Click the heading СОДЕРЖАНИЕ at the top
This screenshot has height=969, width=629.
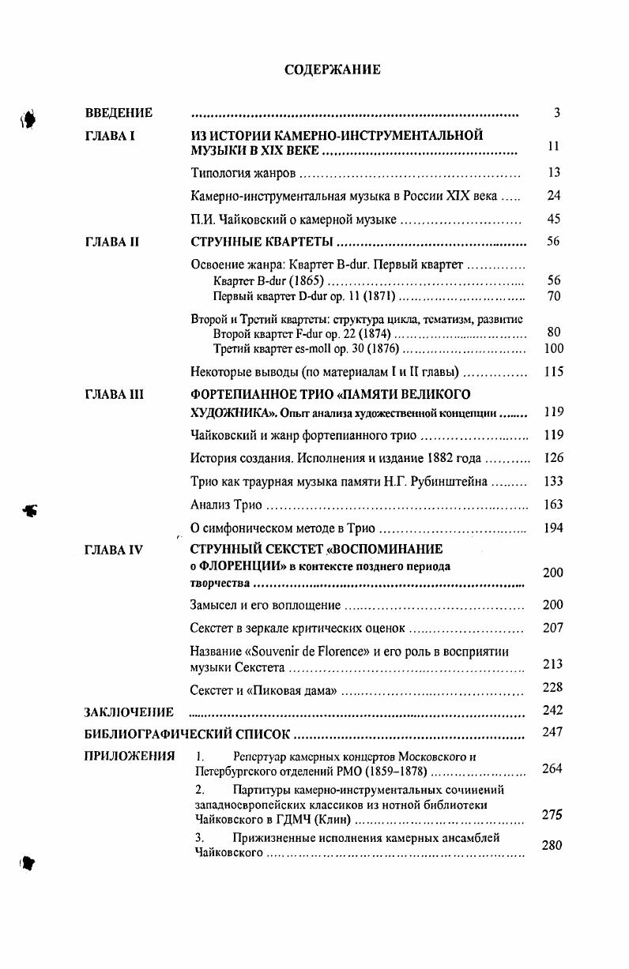(332, 70)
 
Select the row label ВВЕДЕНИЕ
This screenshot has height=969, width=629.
(119, 113)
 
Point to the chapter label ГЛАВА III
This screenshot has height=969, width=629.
(114, 394)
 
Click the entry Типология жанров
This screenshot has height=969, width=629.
(243, 173)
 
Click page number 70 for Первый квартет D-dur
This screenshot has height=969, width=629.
(553, 296)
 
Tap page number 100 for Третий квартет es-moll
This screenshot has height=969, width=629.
(553, 348)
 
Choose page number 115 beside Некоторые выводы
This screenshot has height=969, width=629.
(553, 372)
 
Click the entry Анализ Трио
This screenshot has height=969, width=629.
(226, 505)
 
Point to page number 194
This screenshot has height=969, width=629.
(553, 528)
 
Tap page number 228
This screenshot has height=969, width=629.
(553, 688)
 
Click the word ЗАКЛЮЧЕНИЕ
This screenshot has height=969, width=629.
(129, 712)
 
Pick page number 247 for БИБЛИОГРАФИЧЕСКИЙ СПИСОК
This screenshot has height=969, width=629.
(553, 732)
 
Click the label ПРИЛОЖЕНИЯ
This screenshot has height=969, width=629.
(129, 756)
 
